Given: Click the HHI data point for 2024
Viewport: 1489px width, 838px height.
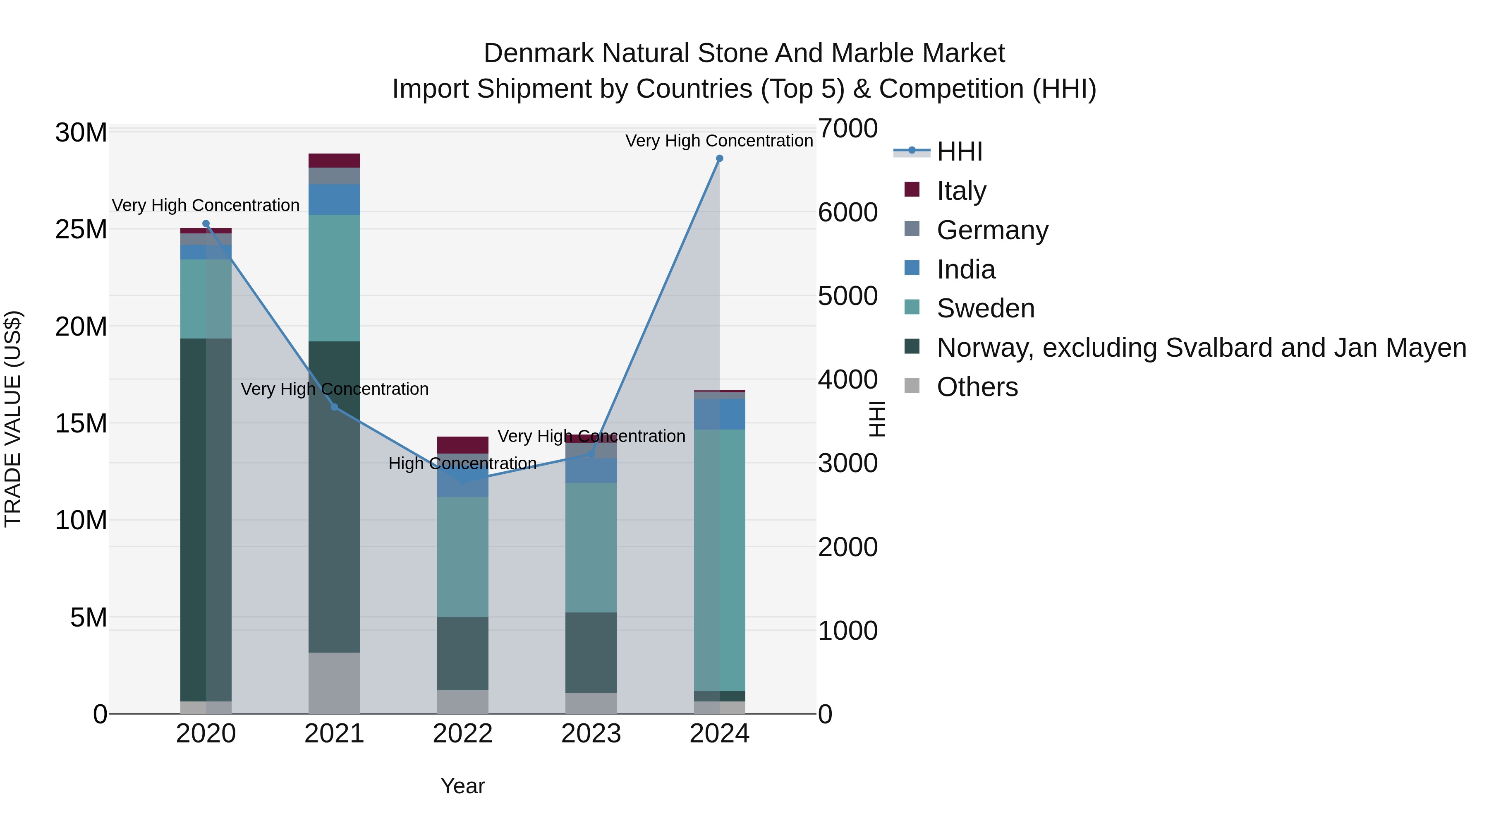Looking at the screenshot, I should [719, 158].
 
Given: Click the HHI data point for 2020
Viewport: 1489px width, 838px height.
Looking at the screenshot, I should [206, 224].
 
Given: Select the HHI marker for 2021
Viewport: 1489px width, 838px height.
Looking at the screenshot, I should [334, 408].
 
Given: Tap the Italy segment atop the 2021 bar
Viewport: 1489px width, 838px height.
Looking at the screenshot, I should [334, 160].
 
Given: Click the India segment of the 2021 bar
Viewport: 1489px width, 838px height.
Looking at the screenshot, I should [334, 199].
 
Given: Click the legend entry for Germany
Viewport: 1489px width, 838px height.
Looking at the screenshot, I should [992, 230].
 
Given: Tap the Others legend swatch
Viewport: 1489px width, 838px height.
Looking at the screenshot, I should [912, 385].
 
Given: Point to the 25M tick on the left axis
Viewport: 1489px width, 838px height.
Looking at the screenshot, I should [81, 230].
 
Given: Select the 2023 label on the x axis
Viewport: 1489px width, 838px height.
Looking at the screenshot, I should [591, 734].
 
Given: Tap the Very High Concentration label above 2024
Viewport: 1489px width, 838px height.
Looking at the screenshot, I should [719, 141].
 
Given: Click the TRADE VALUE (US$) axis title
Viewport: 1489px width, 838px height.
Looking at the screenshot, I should [13, 419].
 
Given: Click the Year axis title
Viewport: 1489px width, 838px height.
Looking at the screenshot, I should [462, 786].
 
